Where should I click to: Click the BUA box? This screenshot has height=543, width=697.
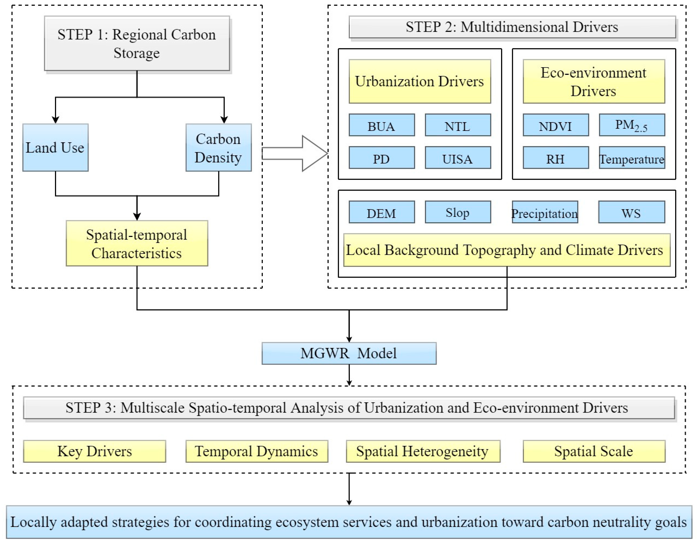382,125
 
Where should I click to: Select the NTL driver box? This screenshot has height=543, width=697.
458,125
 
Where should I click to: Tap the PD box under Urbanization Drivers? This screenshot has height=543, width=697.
382,158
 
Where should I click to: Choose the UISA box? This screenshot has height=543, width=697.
458,158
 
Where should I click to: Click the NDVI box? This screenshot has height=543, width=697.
556,125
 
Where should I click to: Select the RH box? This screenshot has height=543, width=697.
556,158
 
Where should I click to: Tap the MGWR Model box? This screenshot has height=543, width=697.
349,353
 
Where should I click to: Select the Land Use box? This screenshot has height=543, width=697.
55,147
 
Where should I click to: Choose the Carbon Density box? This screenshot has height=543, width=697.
219,147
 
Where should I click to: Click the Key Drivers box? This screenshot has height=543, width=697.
94,451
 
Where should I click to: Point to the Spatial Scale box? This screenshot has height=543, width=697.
594,451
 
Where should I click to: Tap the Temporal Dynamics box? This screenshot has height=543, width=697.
257,451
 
